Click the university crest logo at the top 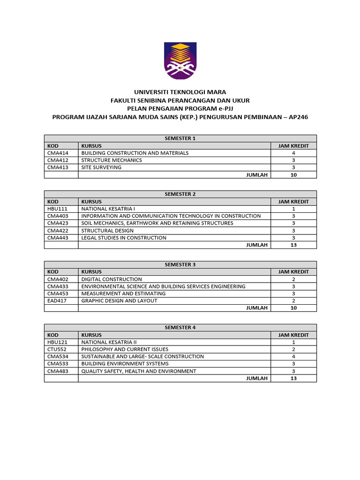pos(180,60)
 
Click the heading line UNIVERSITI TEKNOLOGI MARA pos(180,92)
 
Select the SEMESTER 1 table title pos(180,138)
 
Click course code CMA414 pos(58,153)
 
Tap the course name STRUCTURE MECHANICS pos(112,160)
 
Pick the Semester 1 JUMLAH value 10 pos(293,175)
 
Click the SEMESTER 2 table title pos(180,194)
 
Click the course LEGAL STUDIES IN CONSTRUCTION pos(124,238)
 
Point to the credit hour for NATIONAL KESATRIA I pos(293,209)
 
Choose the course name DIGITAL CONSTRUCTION pos(112,279)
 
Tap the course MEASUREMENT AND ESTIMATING pos(123,293)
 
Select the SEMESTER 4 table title pos(180,328)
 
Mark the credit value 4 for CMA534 pos(293,356)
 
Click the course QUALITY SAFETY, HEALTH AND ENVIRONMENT pos(139,371)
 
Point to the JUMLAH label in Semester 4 pos(256,378)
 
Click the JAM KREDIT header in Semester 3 pos(293,272)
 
